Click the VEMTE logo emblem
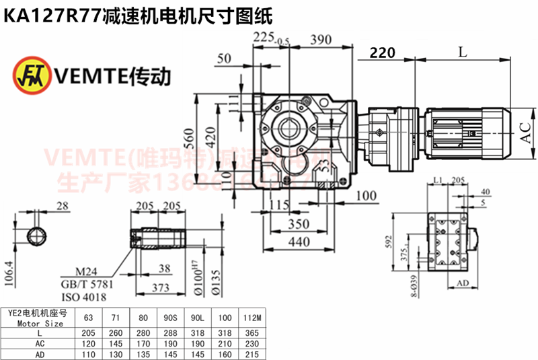coord(30,76)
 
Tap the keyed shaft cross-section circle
coord(36,238)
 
